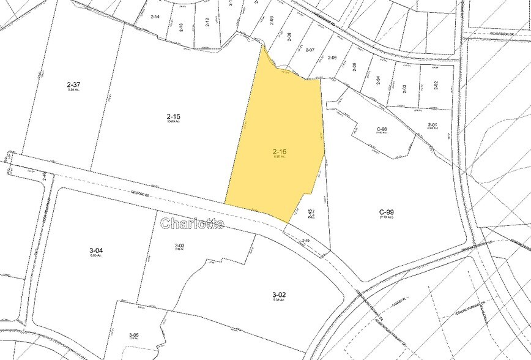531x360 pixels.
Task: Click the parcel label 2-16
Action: click(279, 150)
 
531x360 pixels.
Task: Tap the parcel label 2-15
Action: click(173, 116)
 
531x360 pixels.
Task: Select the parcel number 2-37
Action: click(74, 84)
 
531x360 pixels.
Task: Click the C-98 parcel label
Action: click(382, 129)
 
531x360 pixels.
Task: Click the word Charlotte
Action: click(192, 224)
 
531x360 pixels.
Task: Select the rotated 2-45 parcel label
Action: click(311, 213)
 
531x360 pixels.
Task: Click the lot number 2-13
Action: click(181, 27)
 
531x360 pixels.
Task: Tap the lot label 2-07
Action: click(310, 50)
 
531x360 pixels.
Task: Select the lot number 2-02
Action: click(436, 85)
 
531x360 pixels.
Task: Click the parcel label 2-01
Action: click(433, 126)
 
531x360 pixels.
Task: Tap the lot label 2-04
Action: click(379, 80)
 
